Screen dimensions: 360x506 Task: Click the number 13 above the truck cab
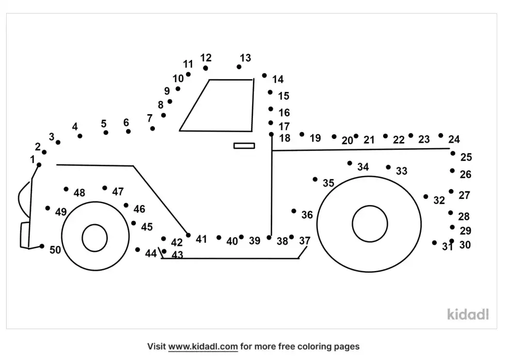pyautogui.click(x=245, y=58)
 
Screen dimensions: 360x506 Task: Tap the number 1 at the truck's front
pyautogui.click(x=33, y=159)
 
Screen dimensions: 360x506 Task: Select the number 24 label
pyautogui.click(x=454, y=139)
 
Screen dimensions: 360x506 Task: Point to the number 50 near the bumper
pyautogui.click(x=55, y=250)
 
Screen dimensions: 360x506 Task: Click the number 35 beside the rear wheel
pyautogui.click(x=328, y=183)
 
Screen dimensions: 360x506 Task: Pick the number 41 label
pyautogui.click(x=201, y=239)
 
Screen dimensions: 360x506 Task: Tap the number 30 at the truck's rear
pyautogui.click(x=465, y=245)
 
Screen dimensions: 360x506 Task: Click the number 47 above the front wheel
pyautogui.click(x=118, y=192)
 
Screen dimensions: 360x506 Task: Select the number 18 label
pyautogui.click(x=285, y=138)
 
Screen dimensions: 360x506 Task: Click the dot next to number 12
pyautogui.click(x=205, y=68)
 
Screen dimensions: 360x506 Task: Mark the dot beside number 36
pyautogui.click(x=294, y=211)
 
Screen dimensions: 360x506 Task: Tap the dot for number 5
pyautogui.click(x=106, y=133)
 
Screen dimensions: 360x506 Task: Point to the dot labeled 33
pyautogui.click(x=388, y=167)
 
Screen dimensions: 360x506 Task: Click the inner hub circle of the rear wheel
pyautogui.click(x=370, y=224)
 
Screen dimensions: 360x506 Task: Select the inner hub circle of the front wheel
pyautogui.click(x=94, y=238)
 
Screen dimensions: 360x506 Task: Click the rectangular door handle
pyautogui.click(x=244, y=146)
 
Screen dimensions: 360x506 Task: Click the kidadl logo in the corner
pyautogui.click(x=467, y=314)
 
